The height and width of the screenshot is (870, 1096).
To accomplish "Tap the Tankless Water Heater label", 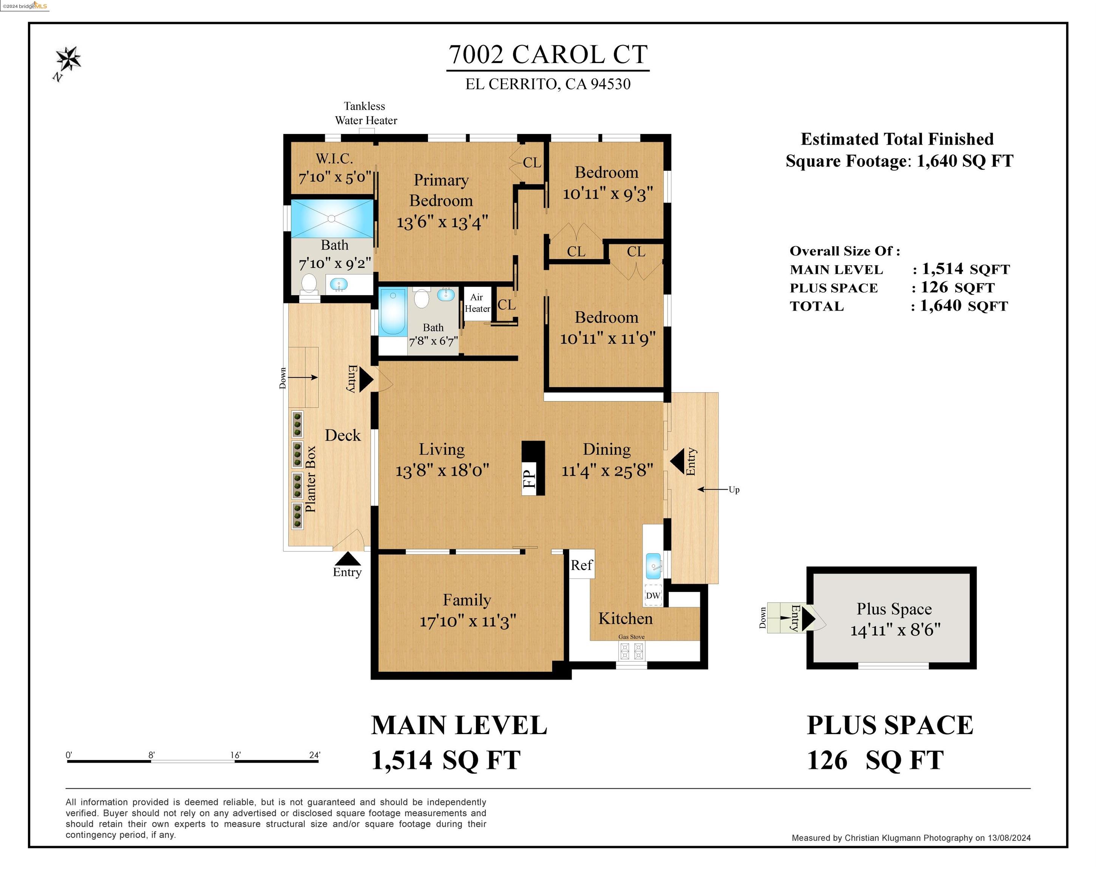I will pyautogui.click(x=365, y=113).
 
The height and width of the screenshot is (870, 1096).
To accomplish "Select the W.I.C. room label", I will pyautogui.click(x=334, y=159).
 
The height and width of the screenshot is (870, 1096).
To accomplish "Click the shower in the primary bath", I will pyautogui.click(x=331, y=219).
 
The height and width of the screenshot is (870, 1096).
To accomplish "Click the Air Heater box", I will pyautogui.click(x=477, y=303).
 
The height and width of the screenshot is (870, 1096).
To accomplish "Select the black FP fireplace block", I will pyautogui.click(x=533, y=467).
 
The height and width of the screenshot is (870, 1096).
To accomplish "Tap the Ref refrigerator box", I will pyautogui.click(x=581, y=565).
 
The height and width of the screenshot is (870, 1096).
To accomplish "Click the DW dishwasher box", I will pyautogui.click(x=653, y=595).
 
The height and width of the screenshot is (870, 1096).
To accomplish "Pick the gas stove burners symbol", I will pyautogui.click(x=631, y=651).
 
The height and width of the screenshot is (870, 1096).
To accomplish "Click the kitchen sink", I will pyautogui.click(x=653, y=566).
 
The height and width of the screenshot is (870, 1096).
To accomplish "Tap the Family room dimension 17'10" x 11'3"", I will pyautogui.click(x=468, y=621).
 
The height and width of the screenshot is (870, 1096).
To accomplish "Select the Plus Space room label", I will pyautogui.click(x=894, y=608).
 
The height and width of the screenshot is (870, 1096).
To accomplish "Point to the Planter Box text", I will pyautogui.click(x=310, y=479).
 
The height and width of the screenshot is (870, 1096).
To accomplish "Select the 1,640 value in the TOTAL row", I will pyautogui.click(x=940, y=305).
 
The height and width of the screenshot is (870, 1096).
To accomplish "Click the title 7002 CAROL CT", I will pyautogui.click(x=547, y=54).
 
